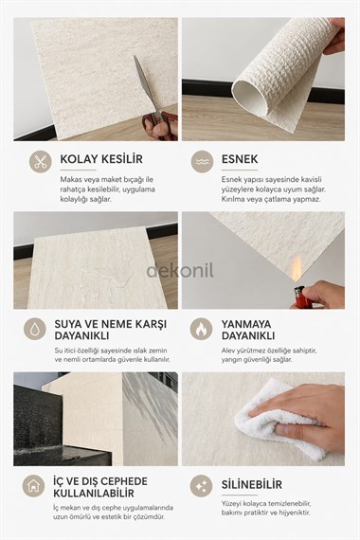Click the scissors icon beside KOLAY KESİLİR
pyautogui.click(x=39, y=162)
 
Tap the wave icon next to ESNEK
pyautogui.click(x=202, y=162)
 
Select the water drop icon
pyautogui.click(x=35, y=329)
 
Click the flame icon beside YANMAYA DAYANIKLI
pyautogui.click(x=202, y=329)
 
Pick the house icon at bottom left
pyautogui.click(x=35, y=486)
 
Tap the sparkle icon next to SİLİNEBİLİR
pyautogui.click(x=202, y=486)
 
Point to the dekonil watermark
pyautogui.click(x=180, y=271)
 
